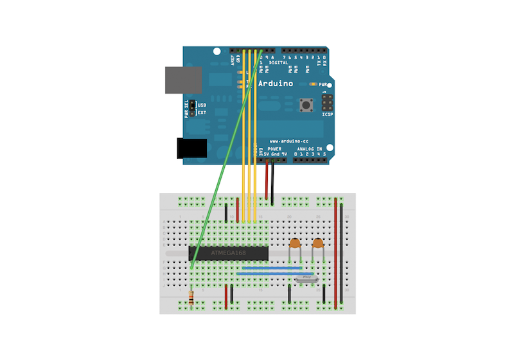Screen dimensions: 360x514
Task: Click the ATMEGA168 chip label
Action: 228,253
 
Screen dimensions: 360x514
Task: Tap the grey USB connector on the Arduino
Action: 183,80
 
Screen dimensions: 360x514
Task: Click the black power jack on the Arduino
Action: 191,148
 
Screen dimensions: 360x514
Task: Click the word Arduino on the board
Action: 276,84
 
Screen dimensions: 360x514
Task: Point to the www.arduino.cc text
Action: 289,140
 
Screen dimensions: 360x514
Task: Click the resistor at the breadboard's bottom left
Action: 193,297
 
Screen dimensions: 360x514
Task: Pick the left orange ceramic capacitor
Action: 295,244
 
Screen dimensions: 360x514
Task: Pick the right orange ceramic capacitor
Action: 317,244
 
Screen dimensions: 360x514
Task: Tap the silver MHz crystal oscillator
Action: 306,278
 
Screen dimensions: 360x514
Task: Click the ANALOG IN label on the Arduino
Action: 310,148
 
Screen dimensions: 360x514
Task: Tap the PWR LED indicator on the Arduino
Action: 313,84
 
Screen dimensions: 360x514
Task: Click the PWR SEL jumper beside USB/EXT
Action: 191,109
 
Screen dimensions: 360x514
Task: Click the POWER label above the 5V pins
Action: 274,148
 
